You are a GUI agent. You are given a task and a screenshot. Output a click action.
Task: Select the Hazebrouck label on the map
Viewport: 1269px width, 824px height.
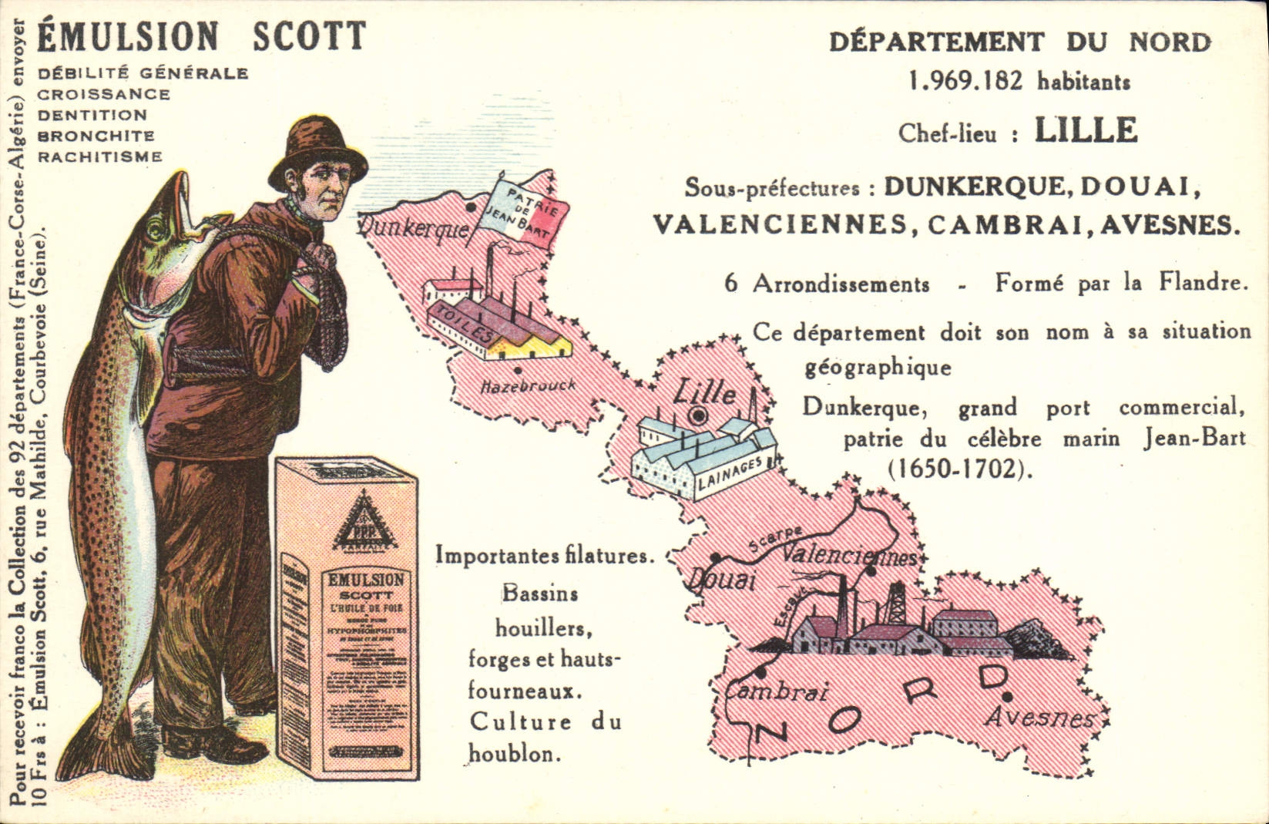[x=528, y=385]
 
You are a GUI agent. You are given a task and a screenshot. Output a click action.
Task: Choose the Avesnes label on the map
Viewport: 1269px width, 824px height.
[x=1040, y=718]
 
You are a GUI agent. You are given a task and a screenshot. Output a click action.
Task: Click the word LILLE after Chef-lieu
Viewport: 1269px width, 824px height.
[x=1085, y=130]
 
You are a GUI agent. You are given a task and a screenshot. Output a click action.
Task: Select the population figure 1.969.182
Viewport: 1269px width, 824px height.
[x=966, y=81]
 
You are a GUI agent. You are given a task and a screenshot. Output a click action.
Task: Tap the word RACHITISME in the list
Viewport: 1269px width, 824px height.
[x=100, y=156]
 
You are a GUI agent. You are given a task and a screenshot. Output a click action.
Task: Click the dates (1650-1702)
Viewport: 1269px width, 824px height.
[x=960, y=469]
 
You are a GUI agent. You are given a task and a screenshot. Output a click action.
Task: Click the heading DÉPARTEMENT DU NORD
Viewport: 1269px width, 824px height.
[x=1019, y=42]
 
